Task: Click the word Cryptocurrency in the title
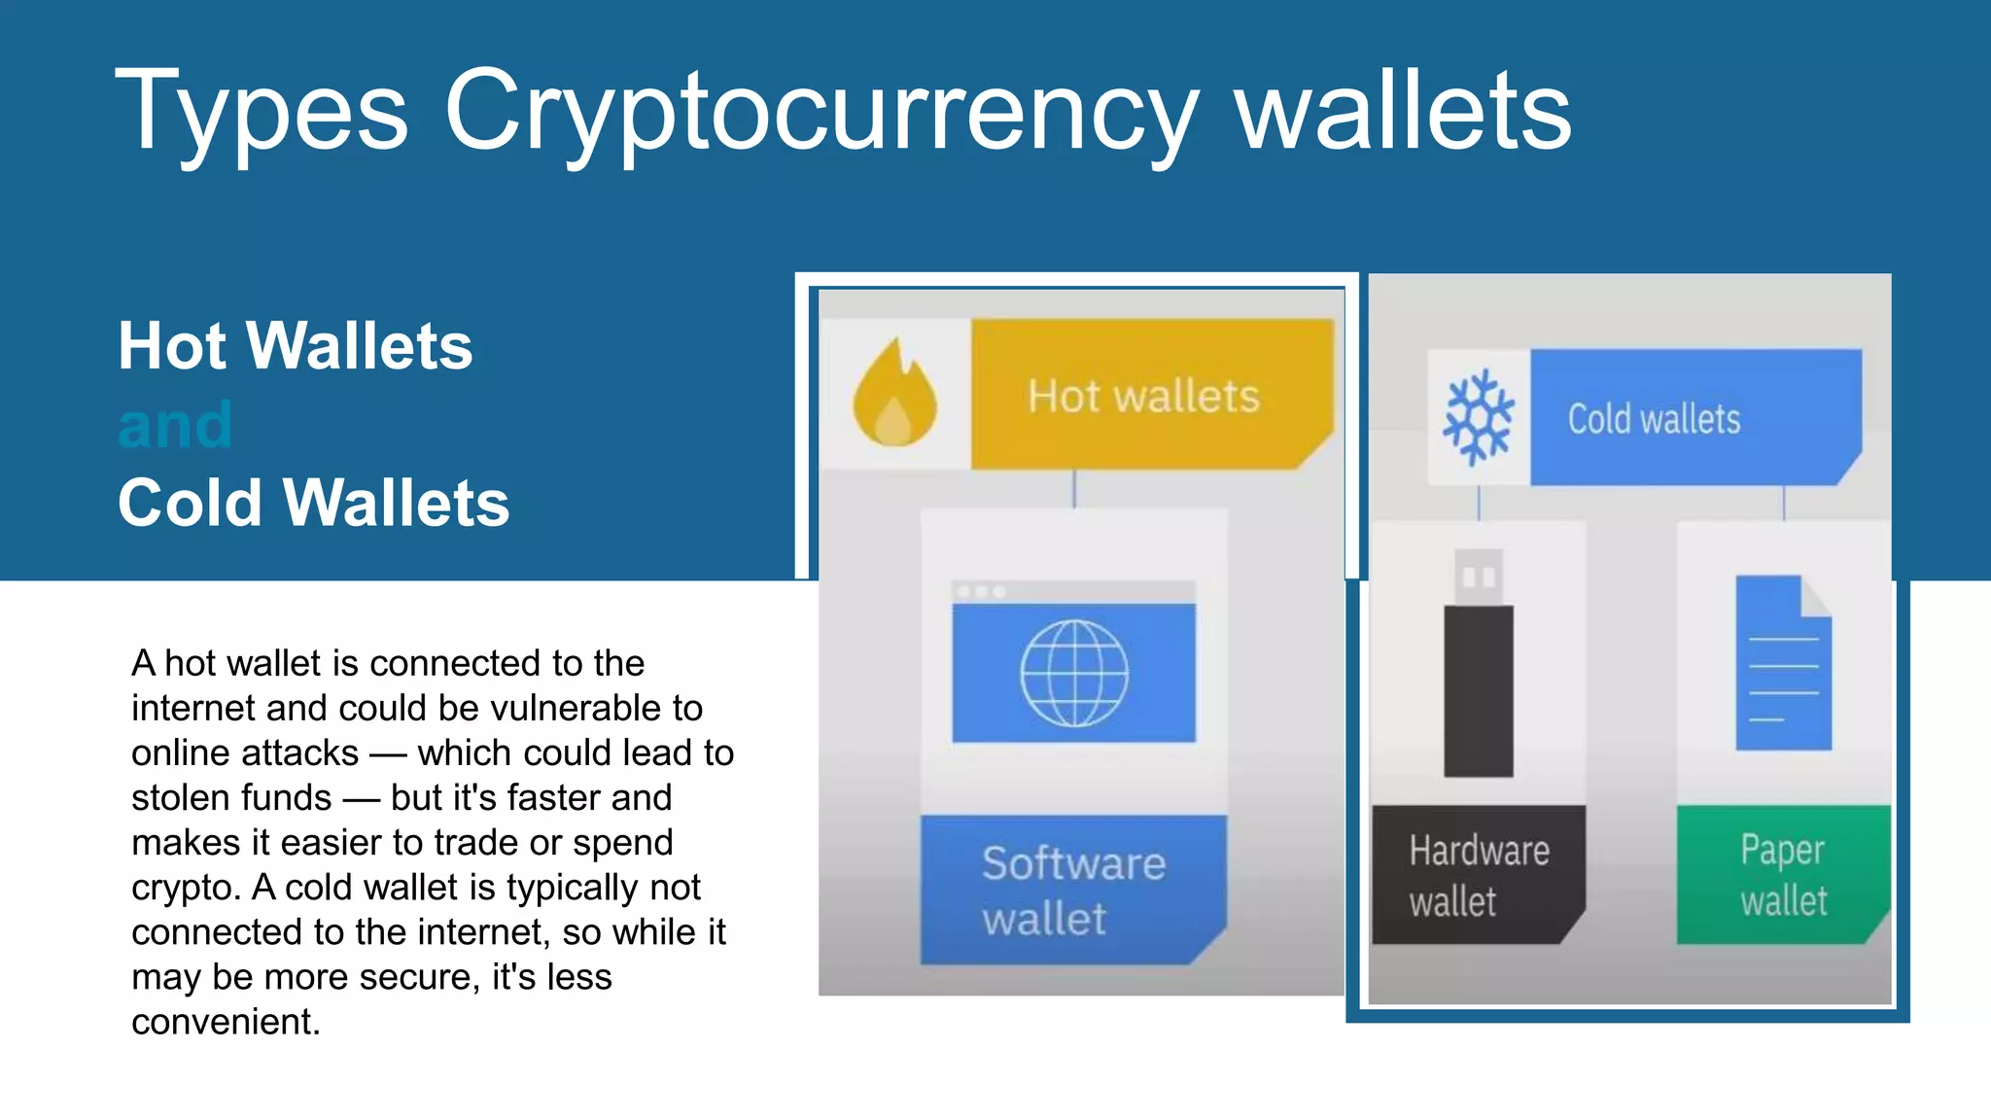[821, 112]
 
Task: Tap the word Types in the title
[262, 112]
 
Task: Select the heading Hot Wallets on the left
[295, 346]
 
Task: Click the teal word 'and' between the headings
[175, 425]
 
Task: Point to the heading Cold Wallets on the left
[313, 503]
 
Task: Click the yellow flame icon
[894, 394]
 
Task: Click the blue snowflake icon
[1478, 417]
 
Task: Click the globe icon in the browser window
[1073, 673]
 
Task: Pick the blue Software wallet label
[1073, 891]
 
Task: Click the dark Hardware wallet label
[1478, 875]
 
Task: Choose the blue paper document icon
[1783, 663]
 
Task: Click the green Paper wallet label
[1783, 875]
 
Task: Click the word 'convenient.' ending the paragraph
[226, 1023]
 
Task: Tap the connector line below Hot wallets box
[1073, 488]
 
